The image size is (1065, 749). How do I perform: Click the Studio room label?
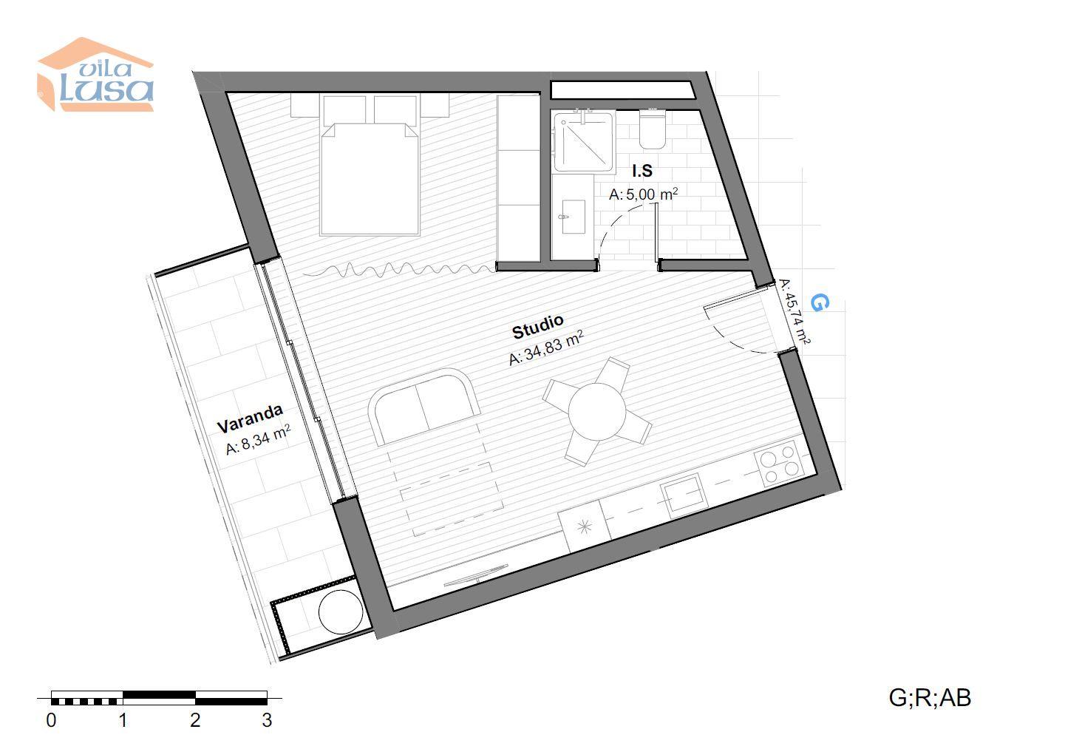click(538, 326)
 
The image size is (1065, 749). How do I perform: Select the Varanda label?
click(250, 418)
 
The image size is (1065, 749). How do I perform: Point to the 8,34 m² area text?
click(258, 440)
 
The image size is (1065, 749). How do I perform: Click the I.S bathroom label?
click(642, 170)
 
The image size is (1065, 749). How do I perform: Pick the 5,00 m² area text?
click(643, 194)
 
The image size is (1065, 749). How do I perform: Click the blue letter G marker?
click(820, 302)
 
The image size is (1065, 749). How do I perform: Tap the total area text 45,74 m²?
click(794, 311)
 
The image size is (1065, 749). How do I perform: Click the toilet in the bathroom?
click(652, 129)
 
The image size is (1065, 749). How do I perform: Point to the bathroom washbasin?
click(574, 217)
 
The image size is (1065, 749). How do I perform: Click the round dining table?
click(596, 412)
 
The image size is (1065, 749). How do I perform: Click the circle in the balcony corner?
click(341, 611)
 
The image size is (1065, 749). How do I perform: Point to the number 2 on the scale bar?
click(195, 720)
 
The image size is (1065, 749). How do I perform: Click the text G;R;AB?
click(930, 698)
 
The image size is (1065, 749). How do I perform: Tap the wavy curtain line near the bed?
click(399, 270)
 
